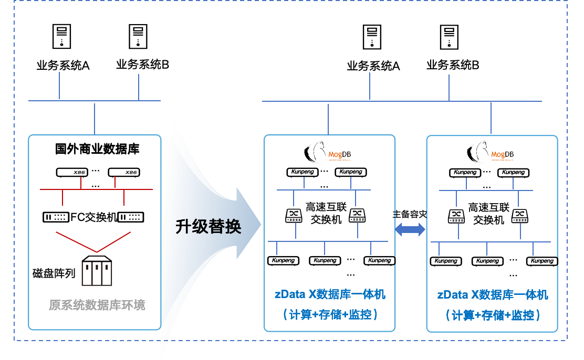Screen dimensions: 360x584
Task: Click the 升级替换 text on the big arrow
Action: point(208,227)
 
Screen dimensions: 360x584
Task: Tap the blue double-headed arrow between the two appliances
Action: point(410,229)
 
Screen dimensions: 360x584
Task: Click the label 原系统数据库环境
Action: point(97,305)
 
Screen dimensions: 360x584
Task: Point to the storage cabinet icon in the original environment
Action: point(97,273)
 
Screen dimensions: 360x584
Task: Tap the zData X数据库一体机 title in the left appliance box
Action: point(330,294)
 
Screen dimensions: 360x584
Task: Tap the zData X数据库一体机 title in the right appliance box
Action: point(493,295)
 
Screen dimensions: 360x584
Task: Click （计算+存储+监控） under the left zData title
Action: point(330,315)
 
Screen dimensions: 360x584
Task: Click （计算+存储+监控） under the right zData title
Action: point(493,315)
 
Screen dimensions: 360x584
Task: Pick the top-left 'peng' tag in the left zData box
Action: point(308,172)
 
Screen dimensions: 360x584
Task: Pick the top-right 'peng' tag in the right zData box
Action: point(518,173)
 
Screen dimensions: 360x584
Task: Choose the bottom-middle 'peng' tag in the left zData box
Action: point(330,261)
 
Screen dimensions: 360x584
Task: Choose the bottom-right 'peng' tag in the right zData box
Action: point(548,261)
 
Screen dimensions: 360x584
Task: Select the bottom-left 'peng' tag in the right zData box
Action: point(451,261)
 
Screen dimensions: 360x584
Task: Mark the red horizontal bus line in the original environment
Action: point(96,189)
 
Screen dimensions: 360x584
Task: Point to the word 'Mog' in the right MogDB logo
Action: point(498,155)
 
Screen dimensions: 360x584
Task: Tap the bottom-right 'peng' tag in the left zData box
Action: point(385,261)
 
